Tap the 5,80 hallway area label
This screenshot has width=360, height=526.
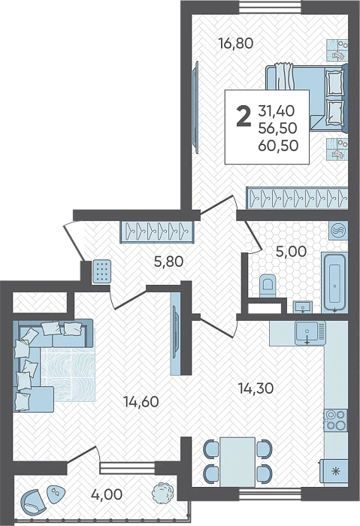[167, 262]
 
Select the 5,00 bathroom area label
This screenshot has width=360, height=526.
[292, 252]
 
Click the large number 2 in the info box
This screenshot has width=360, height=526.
[243, 118]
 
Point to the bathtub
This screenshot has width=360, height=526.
[334, 282]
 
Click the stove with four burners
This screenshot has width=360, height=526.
[334, 420]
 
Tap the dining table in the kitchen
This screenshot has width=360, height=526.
[239, 460]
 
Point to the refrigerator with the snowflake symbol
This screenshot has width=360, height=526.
[334, 470]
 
